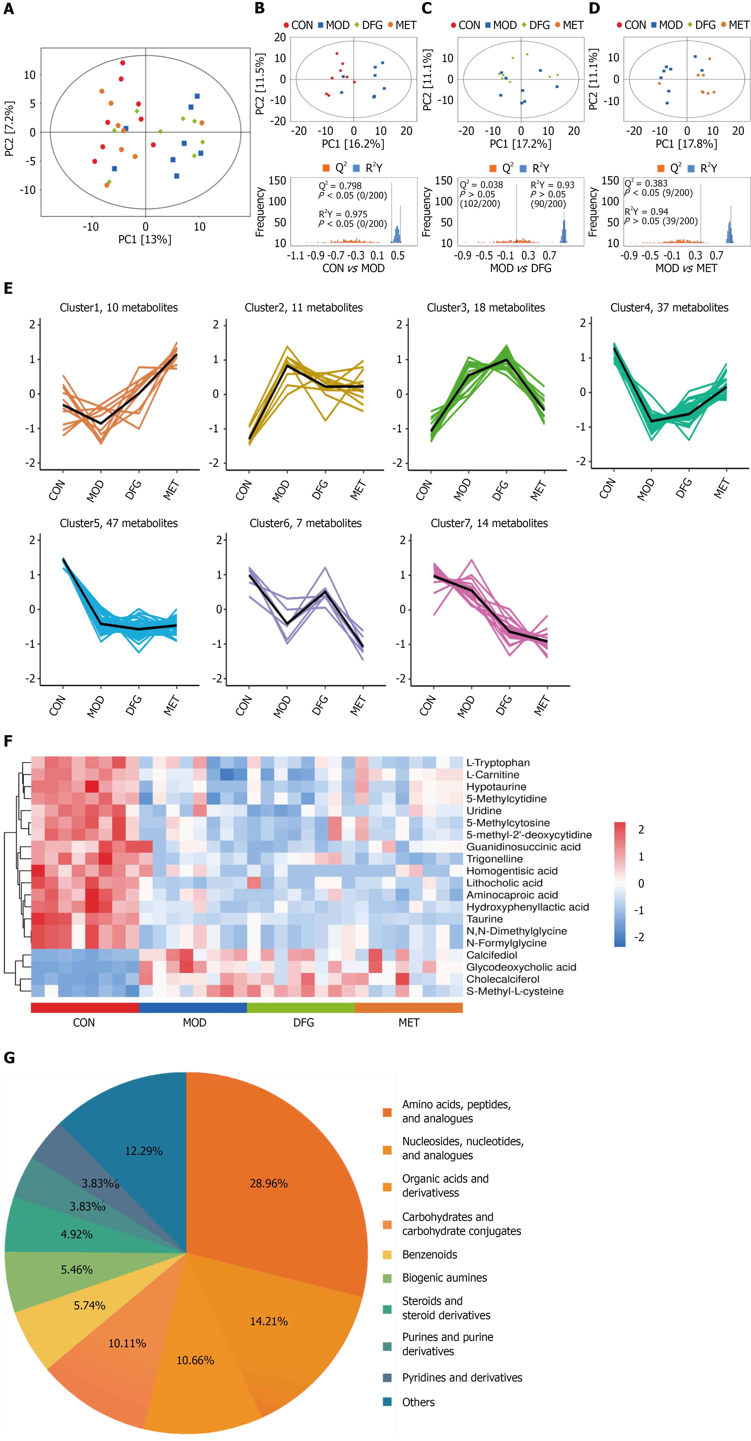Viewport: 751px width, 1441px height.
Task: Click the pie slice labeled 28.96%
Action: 268,1183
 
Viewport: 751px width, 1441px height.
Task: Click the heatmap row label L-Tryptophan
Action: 498,762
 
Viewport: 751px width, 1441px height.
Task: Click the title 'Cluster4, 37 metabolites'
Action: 669,308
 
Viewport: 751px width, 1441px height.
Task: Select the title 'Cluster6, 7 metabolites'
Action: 305,523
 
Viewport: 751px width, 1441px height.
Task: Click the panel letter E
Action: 8,289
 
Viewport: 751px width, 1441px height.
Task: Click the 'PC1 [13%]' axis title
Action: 145,239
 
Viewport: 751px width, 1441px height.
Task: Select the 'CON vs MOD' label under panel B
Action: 353,268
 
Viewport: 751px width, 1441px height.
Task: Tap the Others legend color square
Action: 387,1402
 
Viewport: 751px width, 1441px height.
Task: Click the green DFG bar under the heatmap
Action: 301,1007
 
